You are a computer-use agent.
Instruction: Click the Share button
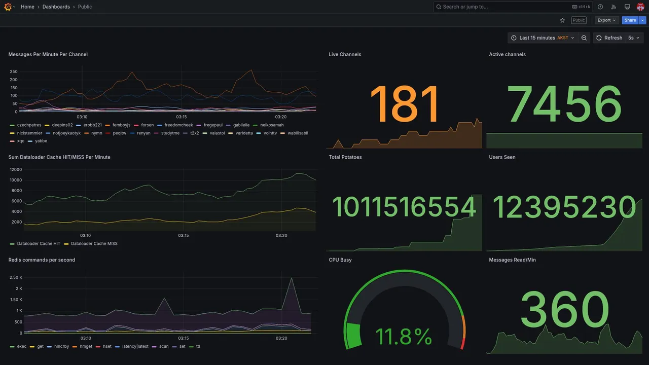[630, 20]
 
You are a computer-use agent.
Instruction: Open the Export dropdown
[606, 20]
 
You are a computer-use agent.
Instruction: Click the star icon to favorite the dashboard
[562, 20]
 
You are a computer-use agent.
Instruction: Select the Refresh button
[609, 38]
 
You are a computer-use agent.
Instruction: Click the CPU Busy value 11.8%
[404, 337]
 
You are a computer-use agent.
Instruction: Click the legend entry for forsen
[147, 125]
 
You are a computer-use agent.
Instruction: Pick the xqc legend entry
[20, 141]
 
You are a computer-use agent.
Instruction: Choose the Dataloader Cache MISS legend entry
[94, 244]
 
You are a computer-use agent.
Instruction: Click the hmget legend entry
[86, 347]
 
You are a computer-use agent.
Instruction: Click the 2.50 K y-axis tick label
[16, 278]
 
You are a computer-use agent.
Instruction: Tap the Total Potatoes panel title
[345, 157]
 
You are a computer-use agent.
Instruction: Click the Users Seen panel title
[502, 157]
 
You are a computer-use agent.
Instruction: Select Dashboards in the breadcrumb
[56, 7]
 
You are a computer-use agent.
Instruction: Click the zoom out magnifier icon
[584, 38]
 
